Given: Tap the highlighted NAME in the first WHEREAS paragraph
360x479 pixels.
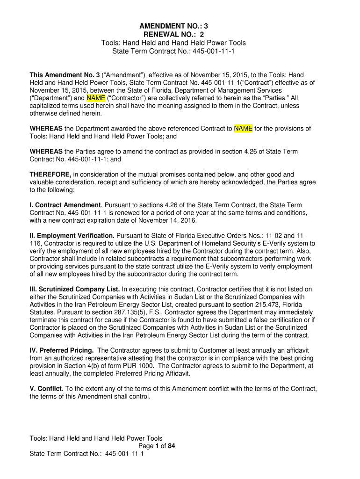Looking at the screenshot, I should click(243, 129).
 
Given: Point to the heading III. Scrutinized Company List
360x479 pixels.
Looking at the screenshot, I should click(75, 290).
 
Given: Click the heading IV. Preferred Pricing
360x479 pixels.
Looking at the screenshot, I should click(62, 350).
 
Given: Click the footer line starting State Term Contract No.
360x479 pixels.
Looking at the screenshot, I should click(86, 454).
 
